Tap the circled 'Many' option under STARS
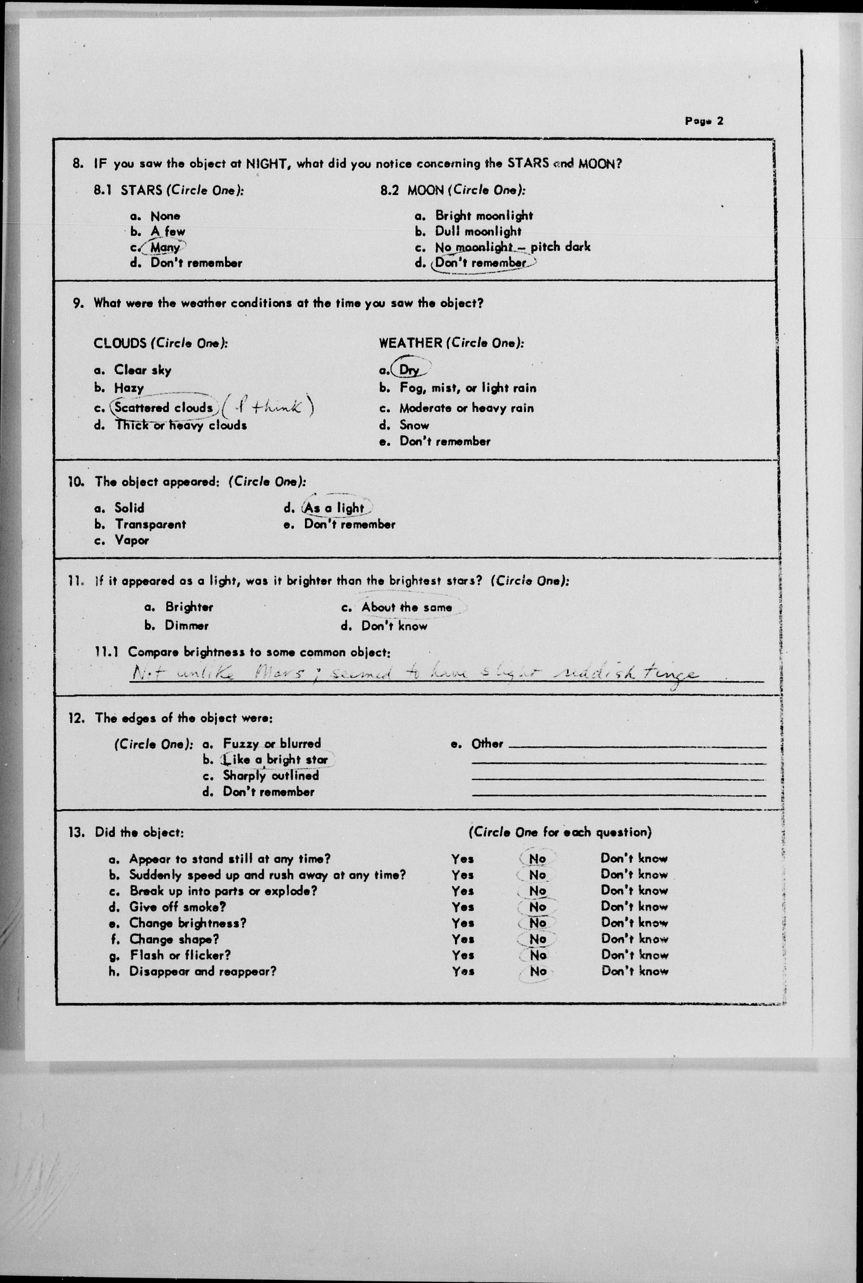coord(165,247)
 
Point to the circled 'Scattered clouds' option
coord(163,408)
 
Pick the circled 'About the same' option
coord(406,607)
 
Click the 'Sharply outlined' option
coord(271,776)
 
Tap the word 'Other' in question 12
coord(487,744)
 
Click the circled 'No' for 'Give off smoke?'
coord(537,907)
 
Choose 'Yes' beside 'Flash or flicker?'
coord(463,955)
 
